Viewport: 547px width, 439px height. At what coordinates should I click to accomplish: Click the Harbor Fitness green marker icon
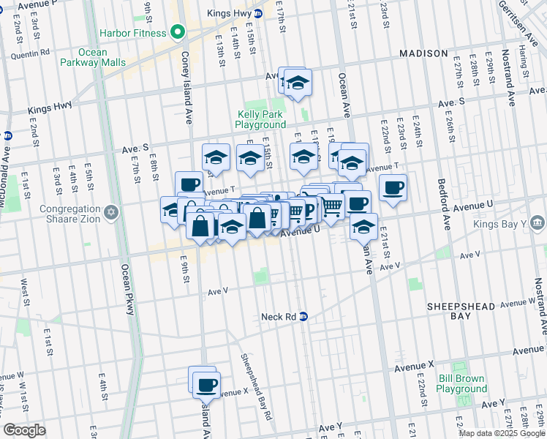pos(176,32)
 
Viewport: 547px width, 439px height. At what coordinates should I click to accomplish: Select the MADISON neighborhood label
pos(423,53)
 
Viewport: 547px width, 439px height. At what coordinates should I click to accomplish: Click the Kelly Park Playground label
pos(260,119)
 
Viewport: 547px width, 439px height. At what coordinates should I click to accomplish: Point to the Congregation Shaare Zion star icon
pos(111,212)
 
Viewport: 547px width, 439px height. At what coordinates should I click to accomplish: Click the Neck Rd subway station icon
pos(303,317)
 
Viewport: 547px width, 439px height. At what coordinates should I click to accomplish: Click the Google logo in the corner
pos(24,430)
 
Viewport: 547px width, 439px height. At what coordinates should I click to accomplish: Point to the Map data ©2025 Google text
pos(502,432)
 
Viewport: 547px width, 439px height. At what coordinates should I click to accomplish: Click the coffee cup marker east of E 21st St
pos(393,187)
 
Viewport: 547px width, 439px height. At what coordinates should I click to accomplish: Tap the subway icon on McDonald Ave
pos(7,135)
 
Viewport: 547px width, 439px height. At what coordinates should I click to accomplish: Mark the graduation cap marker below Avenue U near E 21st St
pos(363,227)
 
